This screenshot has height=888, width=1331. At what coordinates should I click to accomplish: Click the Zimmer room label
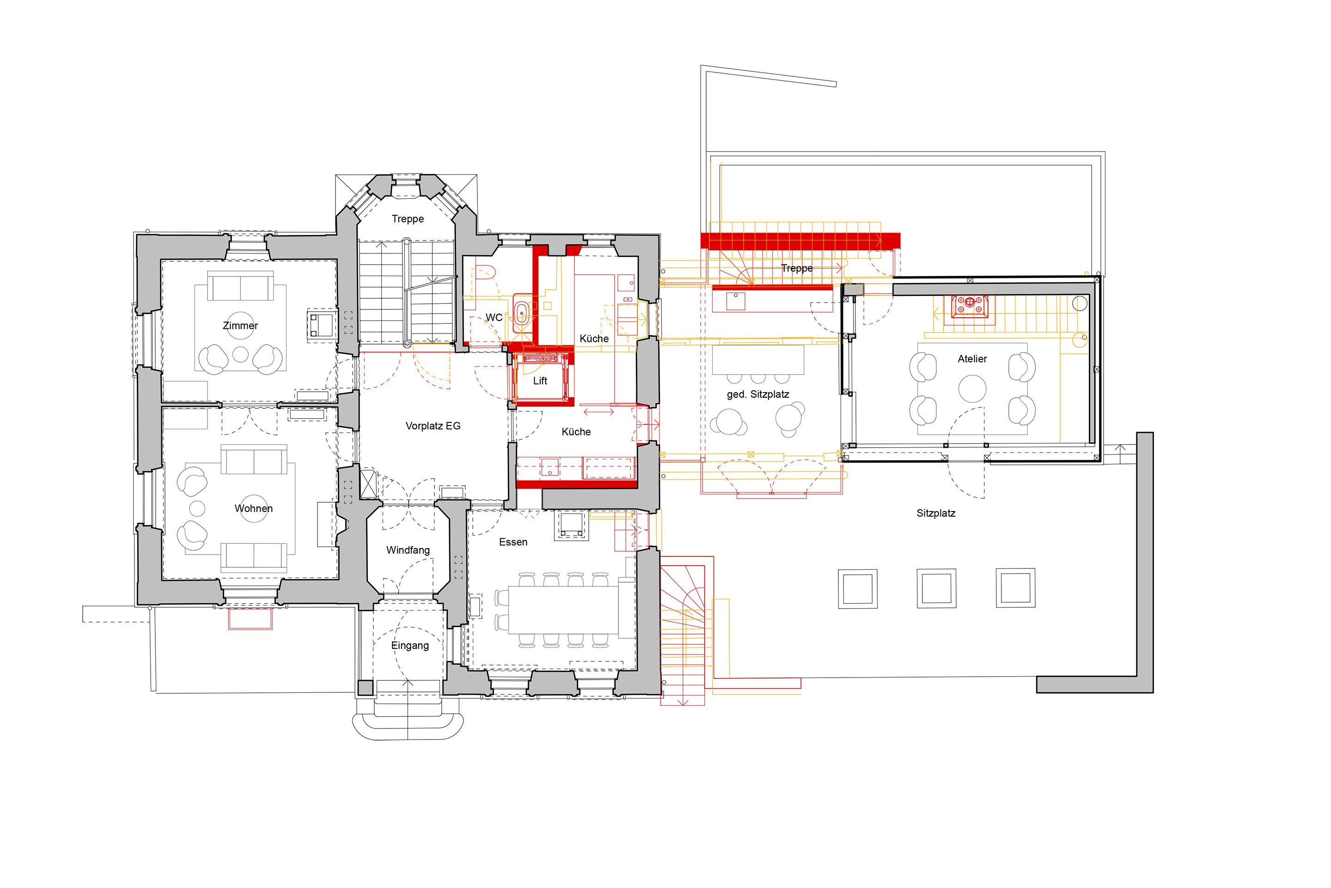[240, 326]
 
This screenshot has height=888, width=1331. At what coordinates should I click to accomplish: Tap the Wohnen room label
[254, 509]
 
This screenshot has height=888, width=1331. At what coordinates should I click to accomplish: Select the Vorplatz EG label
[433, 426]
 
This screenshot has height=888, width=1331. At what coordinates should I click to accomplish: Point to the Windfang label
[408, 550]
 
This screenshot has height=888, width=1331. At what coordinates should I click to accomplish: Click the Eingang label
[410, 646]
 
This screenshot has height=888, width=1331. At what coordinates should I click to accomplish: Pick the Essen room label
[513, 542]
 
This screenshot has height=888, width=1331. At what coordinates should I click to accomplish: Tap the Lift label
[540, 381]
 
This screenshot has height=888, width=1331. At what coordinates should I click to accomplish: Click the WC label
[494, 318]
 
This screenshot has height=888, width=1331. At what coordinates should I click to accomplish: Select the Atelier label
[972, 358]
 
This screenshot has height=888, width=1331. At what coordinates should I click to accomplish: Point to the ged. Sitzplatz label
[758, 395]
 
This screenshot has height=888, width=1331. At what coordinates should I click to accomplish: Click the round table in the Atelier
[972, 389]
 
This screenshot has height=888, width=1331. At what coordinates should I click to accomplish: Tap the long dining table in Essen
[563, 610]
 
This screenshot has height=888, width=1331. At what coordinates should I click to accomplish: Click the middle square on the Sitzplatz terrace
[937, 588]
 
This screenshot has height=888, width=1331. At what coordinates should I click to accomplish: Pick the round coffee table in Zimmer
[240, 355]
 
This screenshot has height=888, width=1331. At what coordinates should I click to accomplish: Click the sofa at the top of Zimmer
[240, 286]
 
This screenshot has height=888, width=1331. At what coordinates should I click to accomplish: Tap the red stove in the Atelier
[970, 306]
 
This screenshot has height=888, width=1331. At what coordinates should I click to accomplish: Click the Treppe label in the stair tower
[408, 219]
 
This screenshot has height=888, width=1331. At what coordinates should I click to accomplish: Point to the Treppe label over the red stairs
[797, 268]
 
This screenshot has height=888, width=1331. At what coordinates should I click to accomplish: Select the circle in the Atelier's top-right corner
[1080, 303]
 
